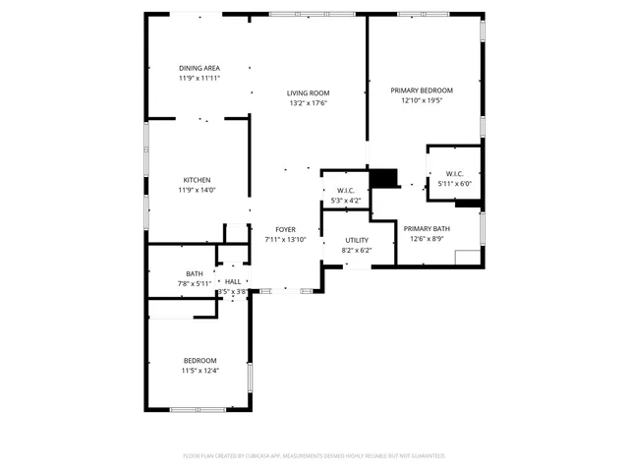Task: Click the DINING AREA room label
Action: (199, 68)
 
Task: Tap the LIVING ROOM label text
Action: (308, 92)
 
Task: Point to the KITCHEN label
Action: (197, 180)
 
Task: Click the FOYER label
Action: (286, 229)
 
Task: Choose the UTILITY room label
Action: (356, 240)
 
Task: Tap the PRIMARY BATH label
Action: (426, 228)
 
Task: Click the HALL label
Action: (232, 281)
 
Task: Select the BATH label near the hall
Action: (195, 273)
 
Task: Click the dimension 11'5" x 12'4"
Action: (200, 371)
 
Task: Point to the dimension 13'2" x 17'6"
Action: (308, 103)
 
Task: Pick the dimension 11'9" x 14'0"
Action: (197, 191)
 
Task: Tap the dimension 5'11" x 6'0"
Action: (454, 184)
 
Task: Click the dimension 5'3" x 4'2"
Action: (345, 201)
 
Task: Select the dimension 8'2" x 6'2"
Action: (356, 251)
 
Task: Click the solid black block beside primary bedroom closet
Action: (384, 178)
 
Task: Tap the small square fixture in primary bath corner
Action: (468, 258)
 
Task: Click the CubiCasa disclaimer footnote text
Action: (314, 455)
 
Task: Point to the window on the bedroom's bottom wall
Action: (198, 409)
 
